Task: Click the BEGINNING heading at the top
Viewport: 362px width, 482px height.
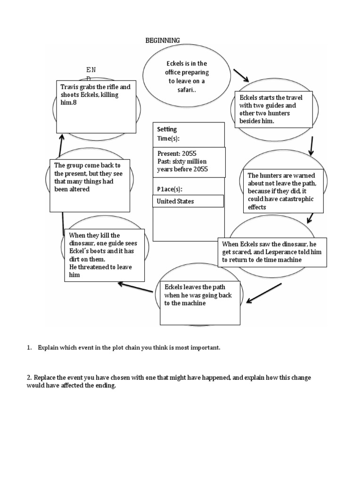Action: pos(163,40)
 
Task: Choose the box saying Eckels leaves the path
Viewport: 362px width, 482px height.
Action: pos(200,302)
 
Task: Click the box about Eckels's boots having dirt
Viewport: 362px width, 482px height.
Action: pos(104,255)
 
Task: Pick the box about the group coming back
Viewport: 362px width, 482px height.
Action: pos(90,185)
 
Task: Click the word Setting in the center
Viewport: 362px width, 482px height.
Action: pos(166,129)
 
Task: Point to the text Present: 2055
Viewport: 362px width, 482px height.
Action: pos(177,154)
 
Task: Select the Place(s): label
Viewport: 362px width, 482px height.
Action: pos(170,189)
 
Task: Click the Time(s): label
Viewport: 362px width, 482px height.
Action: pos(168,139)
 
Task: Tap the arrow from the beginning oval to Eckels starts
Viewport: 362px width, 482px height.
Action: pos(241,73)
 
